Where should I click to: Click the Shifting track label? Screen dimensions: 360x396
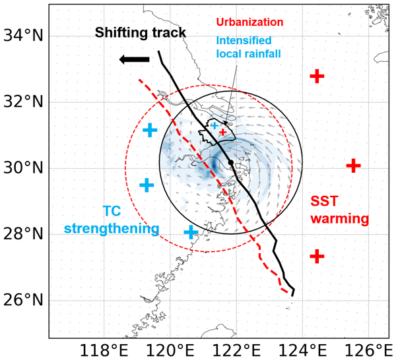click(139, 32)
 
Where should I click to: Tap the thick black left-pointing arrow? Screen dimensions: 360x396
click(134, 60)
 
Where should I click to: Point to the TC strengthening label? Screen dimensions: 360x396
click(112, 220)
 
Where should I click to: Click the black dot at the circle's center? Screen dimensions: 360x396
click(230, 162)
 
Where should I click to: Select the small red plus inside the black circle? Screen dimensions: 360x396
click(223, 132)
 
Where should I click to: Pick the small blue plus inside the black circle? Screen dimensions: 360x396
click(214, 125)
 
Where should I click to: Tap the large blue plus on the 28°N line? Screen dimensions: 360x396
click(191, 232)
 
